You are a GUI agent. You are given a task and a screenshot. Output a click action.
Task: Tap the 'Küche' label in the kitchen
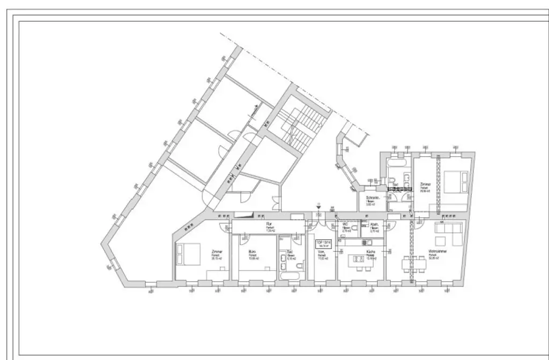coord(370,251)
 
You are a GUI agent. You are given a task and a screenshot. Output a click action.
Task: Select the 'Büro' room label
coord(252,251)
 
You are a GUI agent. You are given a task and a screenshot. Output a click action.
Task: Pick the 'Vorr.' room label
coord(322,252)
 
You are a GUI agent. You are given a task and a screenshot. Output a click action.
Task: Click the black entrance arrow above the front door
coord(319,205)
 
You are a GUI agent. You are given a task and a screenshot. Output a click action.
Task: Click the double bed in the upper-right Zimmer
coord(456,183)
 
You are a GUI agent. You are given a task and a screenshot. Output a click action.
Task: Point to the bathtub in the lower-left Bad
coord(291,275)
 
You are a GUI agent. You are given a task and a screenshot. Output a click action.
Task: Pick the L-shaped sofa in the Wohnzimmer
coord(449,232)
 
